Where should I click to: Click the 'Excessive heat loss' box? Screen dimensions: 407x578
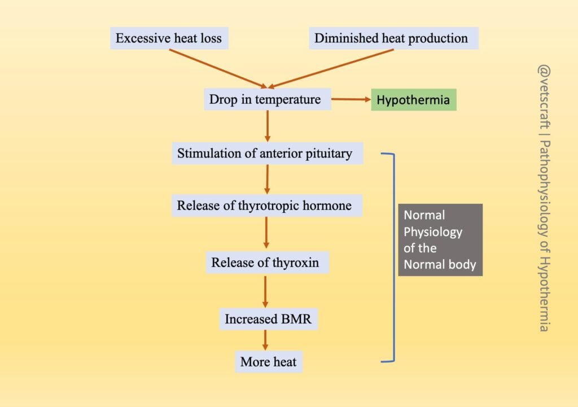168,38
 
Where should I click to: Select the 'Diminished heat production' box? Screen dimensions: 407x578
391,38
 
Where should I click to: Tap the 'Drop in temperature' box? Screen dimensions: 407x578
265,100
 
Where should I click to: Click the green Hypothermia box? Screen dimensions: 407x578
413,100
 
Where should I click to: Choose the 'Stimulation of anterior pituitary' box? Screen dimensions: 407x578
265,153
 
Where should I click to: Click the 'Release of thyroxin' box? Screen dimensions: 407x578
265,262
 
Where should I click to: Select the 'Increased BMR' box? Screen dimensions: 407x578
267,319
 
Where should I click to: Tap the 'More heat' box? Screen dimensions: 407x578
268,362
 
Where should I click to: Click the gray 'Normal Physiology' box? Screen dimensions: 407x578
440,239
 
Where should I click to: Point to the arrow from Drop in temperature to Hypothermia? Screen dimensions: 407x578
350,100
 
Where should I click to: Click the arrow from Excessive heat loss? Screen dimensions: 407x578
217,68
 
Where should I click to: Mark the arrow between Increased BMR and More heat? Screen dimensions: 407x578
265,340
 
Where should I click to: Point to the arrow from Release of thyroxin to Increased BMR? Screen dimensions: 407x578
265,291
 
